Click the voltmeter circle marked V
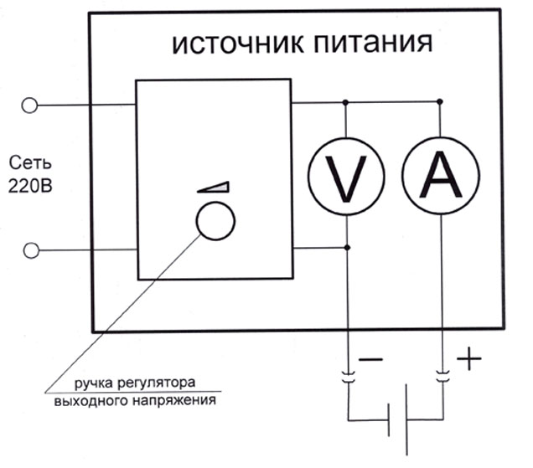[346, 174]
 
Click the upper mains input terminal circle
[29, 105]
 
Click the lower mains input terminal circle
[29, 249]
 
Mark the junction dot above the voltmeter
[346, 102]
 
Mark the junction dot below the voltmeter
[346, 248]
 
